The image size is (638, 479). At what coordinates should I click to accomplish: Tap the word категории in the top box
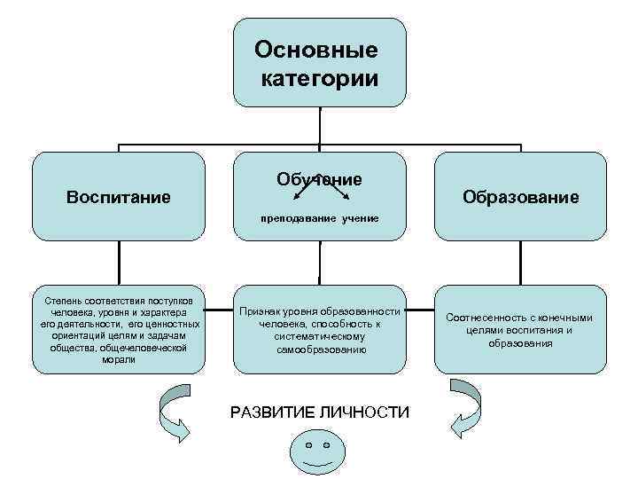click(320, 79)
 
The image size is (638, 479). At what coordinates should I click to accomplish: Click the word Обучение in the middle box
click(319, 179)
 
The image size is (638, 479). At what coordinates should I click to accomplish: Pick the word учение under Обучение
click(361, 217)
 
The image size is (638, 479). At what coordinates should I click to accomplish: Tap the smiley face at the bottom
click(318, 452)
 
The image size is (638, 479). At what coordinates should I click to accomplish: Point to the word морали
click(119, 360)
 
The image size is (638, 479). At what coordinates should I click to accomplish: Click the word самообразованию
click(320, 350)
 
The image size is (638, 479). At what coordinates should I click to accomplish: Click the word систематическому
click(320, 337)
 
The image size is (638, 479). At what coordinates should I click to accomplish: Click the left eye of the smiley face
click(307, 444)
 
